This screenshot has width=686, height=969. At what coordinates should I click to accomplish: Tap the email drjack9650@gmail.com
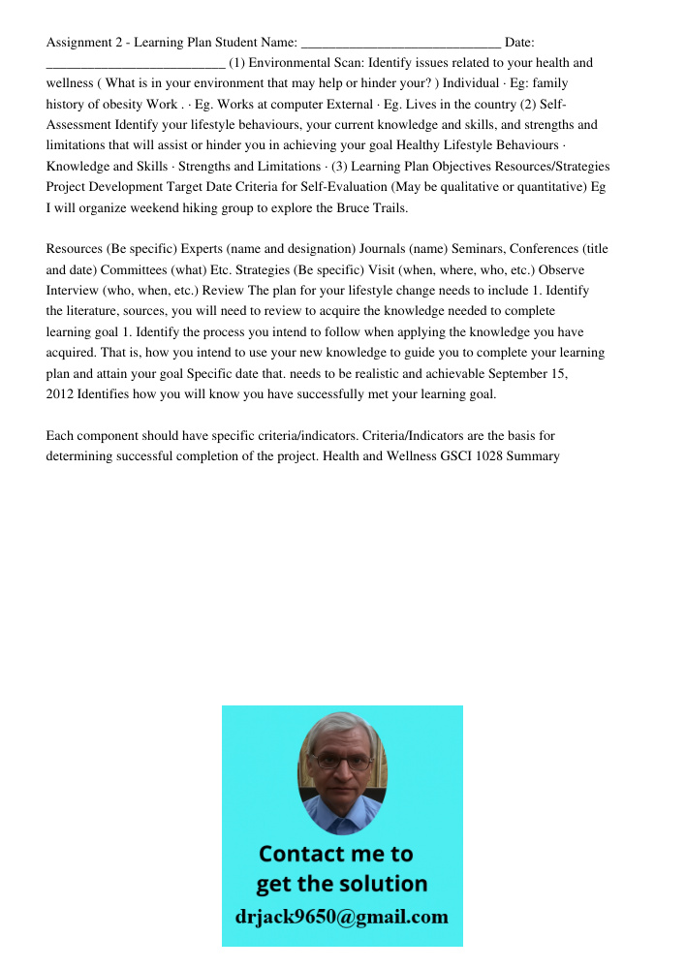click(x=342, y=917)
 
